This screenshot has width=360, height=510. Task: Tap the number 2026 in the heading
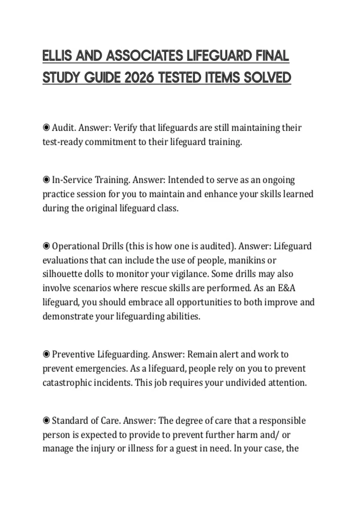click(x=139, y=78)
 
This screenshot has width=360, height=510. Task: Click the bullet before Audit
click(x=46, y=128)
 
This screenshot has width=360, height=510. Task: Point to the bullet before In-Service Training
click(x=46, y=180)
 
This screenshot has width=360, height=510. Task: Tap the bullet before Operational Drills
click(x=46, y=246)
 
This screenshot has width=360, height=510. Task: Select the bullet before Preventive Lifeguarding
click(x=46, y=355)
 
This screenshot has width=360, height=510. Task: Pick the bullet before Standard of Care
click(x=46, y=421)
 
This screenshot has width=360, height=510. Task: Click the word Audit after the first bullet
click(x=64, y=128)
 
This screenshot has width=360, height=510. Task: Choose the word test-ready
click(x=62, y=142)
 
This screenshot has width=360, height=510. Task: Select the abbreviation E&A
click(x=286, y=288)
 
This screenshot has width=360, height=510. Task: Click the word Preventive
click(x=73, y=355)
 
